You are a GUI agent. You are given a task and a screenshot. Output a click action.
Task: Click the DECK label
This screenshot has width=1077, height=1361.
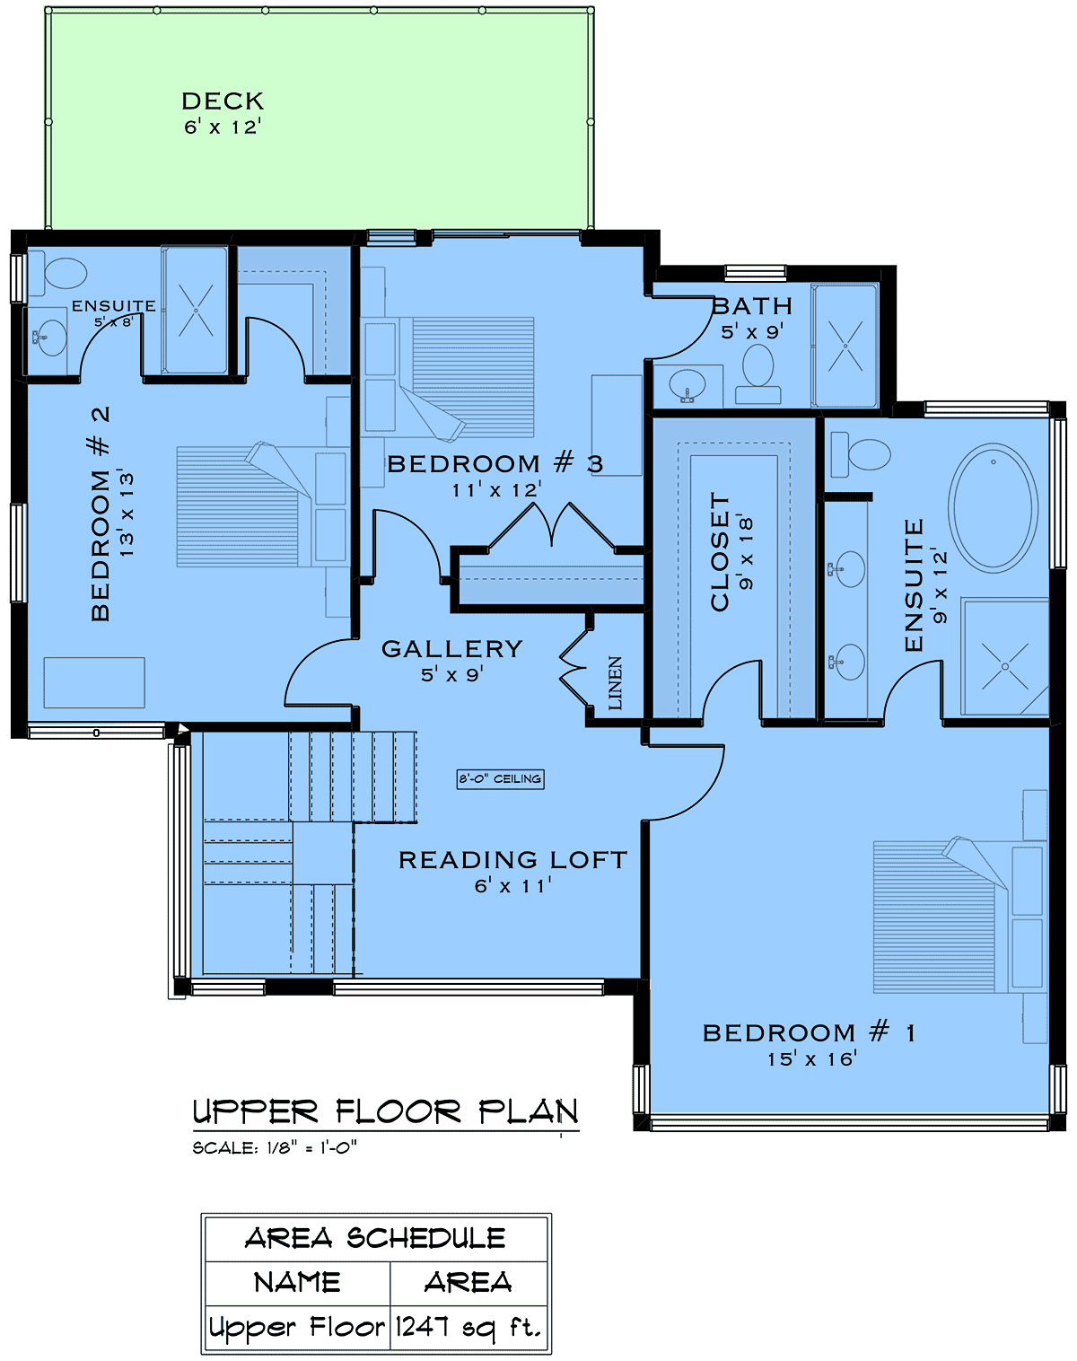click(x=223, y=101)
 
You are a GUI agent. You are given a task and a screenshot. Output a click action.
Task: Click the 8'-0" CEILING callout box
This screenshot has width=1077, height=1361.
click(x=500, y=778)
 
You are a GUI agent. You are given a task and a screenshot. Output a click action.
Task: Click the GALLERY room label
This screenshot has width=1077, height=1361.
click(x=452, y=649)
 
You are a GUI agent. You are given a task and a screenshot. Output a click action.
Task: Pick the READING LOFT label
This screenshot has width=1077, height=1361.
click(x=512, y=860)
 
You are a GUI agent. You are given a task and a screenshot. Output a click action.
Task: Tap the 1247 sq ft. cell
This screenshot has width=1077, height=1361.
click(x=469, y=1327)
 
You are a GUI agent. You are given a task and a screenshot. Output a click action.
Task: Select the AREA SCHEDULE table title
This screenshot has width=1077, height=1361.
click(x=376, y=1238)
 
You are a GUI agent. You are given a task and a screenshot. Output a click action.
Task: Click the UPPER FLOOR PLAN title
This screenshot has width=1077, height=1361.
click(x=386, y=1112)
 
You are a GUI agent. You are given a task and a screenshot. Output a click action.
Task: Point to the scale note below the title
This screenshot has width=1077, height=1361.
click(x=276, y=1148)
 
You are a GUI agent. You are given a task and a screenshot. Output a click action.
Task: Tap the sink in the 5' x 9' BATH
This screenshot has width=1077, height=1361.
click(x=687, y=384)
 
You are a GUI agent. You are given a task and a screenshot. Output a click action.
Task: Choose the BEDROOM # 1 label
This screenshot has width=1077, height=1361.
click(x=809, y=1032)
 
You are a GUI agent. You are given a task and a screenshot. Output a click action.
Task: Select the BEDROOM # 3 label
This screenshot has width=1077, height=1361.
click(x=495, y=463)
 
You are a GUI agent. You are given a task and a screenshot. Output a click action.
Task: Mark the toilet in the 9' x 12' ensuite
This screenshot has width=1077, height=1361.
click(x=861, y=455)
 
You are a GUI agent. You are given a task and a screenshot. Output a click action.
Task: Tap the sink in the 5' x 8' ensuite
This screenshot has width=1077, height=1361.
click(x=49, y=337)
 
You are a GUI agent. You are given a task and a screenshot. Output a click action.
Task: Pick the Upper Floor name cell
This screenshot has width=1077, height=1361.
click(x=296, y=1327)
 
